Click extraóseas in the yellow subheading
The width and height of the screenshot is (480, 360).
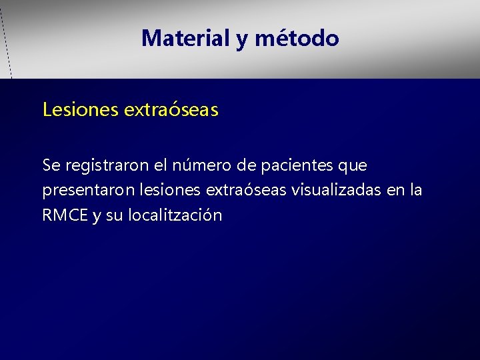point(171,109)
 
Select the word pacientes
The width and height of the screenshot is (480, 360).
point(299,165)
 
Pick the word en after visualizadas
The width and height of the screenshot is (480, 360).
point(395,191)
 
